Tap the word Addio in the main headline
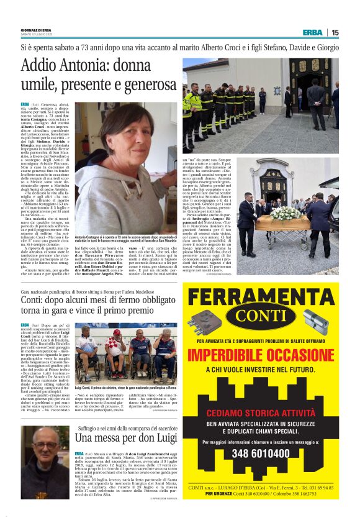pos(40,65)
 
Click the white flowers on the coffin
pos(286,213)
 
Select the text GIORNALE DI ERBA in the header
pos(35,29)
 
